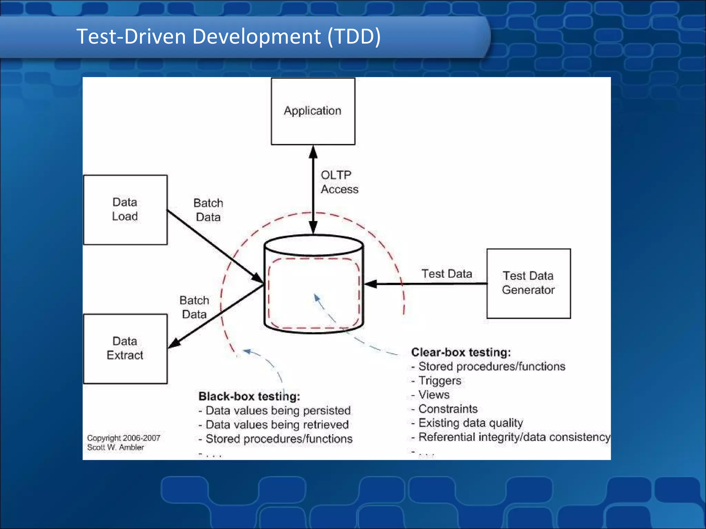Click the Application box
[x=313, y=111]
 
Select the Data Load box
[x=125, y=209]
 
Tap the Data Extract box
[x=125, y=348]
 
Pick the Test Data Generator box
[x=528, y=283]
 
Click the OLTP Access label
[x=339, y=182]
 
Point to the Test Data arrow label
[x=447, y=274]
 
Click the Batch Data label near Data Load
[x=208, y=210]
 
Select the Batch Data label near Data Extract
[x=194, y=307]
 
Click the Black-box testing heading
[x=249, y=396]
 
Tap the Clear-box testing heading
[x=461, y=352]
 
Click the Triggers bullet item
[x=440, y=381]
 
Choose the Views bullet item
[x=434, y=395]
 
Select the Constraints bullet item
[x=448, y=409]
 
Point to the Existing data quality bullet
[x=470, y=423]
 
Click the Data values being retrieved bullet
[x=277, y=425]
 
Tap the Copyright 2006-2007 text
[x=123, y=438]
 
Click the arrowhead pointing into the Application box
[x=313, y=151]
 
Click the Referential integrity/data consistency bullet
[x=514, y=437]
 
